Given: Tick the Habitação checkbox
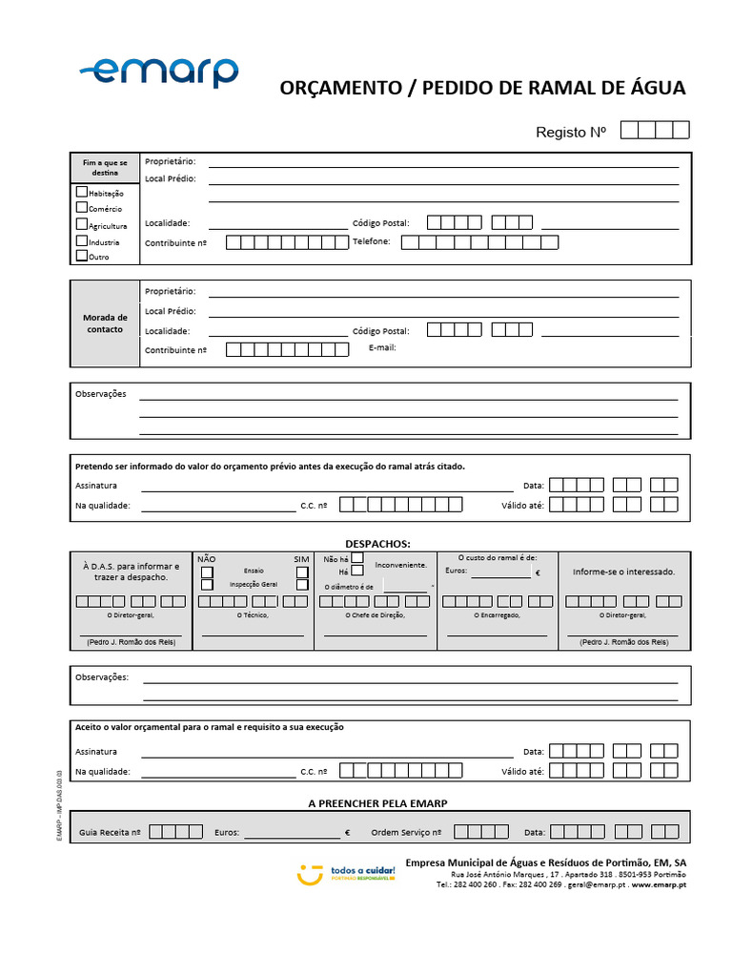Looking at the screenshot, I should (x=81, y=192).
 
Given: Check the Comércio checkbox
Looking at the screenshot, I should (x=81, y=208).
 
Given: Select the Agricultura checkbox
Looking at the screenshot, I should (x=81, y=224).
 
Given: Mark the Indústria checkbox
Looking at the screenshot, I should (x=81, y=241).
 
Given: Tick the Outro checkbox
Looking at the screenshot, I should (x=81, y=256).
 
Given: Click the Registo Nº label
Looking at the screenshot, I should (x=570, y=133).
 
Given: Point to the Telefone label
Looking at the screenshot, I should (x=372, y=241).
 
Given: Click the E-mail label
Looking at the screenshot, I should (x=382, y=347).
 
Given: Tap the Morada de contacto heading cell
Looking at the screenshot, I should (x=105, y=323).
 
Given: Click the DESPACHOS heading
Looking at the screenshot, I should (x=377, y=542).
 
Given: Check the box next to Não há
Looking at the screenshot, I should (x=357, y=557).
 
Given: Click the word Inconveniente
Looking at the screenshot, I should (x=400, y=565).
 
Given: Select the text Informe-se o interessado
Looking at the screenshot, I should (x=623, y=572).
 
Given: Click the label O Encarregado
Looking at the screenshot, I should (x=497, y=615).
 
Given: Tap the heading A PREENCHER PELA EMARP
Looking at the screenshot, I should (x=377, y=803).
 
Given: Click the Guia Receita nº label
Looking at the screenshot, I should (x=110, y=832).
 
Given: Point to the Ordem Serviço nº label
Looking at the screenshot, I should (x=406, y=832).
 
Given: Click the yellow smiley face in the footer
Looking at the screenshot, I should (x=309, y=873).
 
